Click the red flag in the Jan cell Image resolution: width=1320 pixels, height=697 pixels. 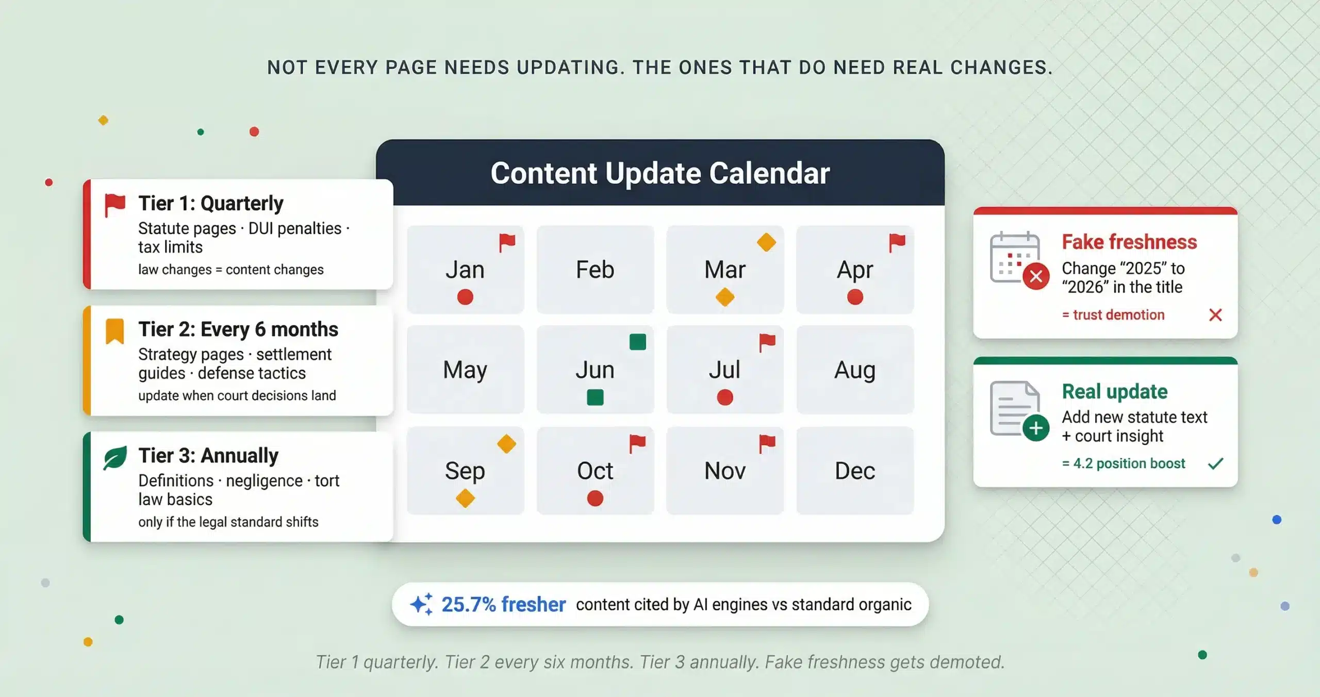pos(507,242)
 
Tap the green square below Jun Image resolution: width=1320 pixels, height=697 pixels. pos(595,397)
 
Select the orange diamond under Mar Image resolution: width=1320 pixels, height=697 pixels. pos(725,297)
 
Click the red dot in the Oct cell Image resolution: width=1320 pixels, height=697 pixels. pos(595,498)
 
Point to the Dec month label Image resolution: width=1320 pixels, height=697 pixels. pos(855,471)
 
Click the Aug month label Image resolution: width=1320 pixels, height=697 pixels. pos(855,370)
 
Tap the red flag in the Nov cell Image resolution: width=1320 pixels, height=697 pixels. pos(767,443)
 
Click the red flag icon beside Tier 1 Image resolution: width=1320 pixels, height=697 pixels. pos(115,205)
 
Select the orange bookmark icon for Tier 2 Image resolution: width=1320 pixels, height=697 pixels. pos(115,331)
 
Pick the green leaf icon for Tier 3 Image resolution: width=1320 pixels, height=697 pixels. pos(115,458)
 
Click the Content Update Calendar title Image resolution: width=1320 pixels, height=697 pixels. pos(660,173)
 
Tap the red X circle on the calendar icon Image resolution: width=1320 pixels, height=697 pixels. pos(1036,276)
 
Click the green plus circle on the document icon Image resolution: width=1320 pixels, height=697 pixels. pos(1036,428)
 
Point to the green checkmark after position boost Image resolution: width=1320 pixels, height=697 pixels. pos(1215,463)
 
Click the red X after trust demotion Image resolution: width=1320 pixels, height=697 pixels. pos(1215,314)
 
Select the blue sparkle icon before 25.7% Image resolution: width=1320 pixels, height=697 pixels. pos(422,604)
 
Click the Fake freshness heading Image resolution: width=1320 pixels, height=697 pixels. pos(1129,242)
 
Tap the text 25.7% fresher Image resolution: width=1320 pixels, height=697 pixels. pos(503,604)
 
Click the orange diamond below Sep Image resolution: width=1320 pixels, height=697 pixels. pos(465,498)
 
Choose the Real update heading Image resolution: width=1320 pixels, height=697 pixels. pos(1115,392)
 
